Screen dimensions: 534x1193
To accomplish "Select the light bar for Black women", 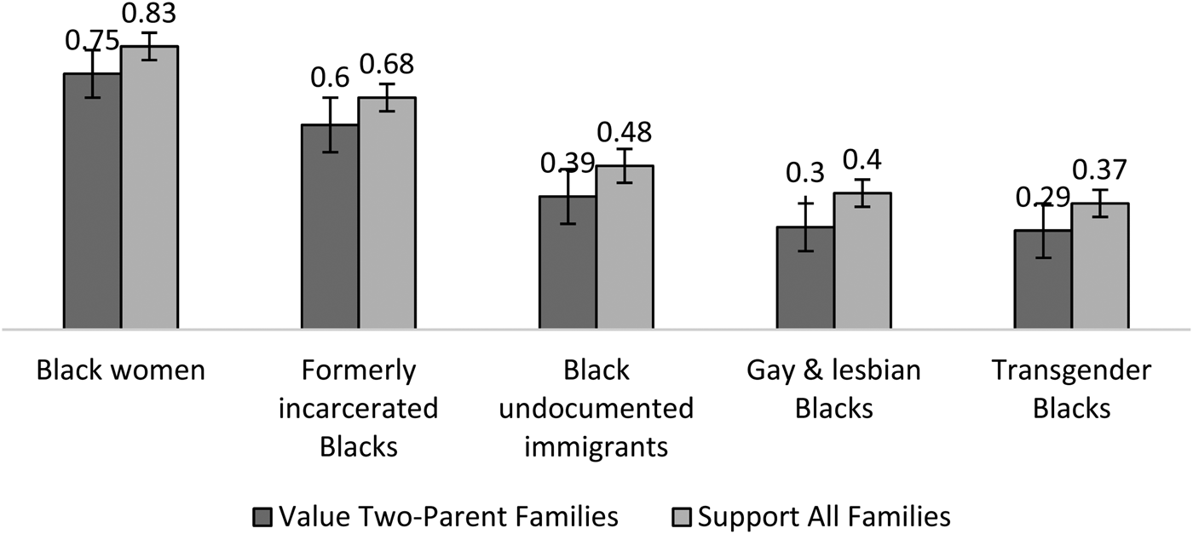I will point(148,187).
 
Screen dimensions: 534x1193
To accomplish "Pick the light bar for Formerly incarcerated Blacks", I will point(386,213).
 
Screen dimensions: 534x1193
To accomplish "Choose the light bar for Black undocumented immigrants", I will point(624,247).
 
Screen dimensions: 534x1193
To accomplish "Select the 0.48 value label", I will point(624,132).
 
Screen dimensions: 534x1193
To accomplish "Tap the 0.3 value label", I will point(804,173).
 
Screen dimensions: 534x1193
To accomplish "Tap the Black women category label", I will point(121,370).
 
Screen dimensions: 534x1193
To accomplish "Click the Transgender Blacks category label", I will point(1071,389).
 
